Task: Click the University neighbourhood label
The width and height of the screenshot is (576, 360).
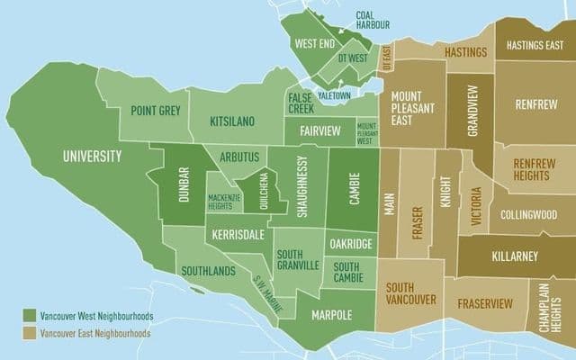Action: coord(92,157)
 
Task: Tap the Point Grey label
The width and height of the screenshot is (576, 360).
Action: coord(155,111)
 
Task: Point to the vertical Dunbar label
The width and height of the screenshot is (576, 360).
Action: coord(184,185)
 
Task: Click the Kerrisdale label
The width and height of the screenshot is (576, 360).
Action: coord(238,234)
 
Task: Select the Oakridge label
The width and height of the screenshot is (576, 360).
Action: coord(350,243)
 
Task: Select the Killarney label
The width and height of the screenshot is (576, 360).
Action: coord(515,256)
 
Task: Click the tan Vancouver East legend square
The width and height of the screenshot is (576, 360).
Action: coord(30,332)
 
